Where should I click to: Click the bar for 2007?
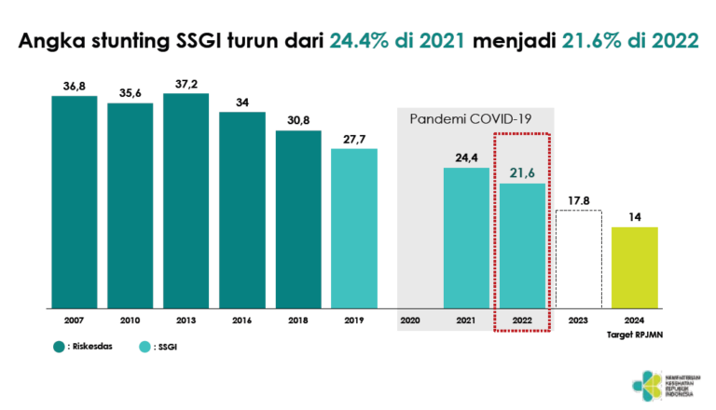point(75,201)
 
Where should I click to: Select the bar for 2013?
point(186,200)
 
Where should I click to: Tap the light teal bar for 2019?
point(354,228)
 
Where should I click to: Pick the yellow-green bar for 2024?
point(635,267)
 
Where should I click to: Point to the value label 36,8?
point(75,87)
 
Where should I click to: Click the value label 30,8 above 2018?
point(298,121)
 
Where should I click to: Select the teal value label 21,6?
point(522,173)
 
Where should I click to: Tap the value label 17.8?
point(579,199)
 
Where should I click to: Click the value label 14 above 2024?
point(635,217)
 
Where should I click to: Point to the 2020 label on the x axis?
point(410,320)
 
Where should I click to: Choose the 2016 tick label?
point(242,320)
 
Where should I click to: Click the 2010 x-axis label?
point(131,320)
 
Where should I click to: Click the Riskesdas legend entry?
point(85,346)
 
